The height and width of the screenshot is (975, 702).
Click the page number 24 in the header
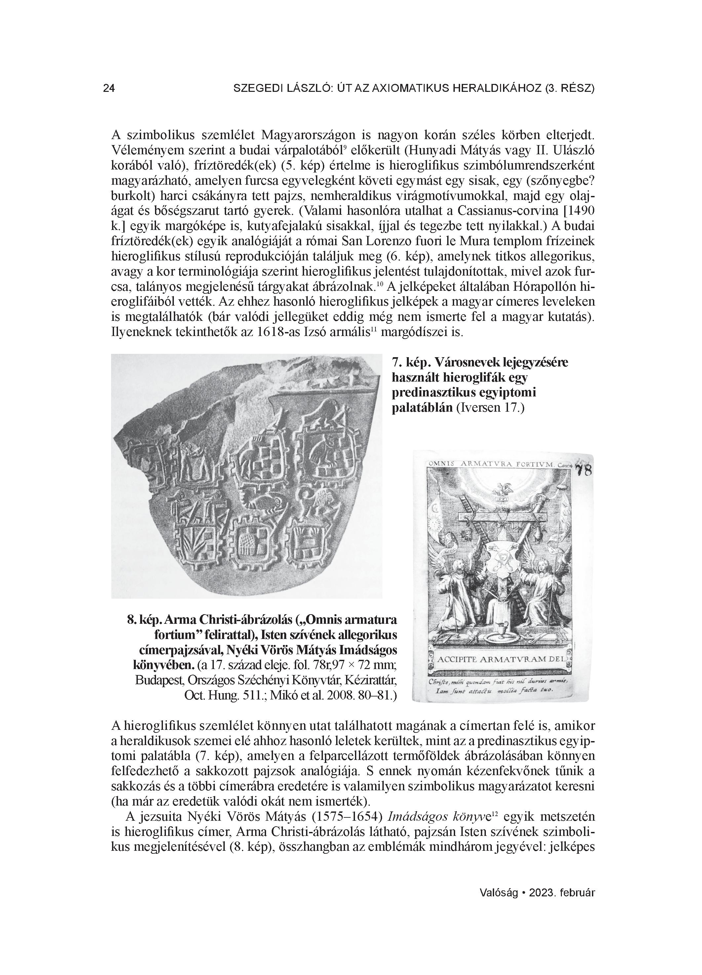[x=109, y=89]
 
